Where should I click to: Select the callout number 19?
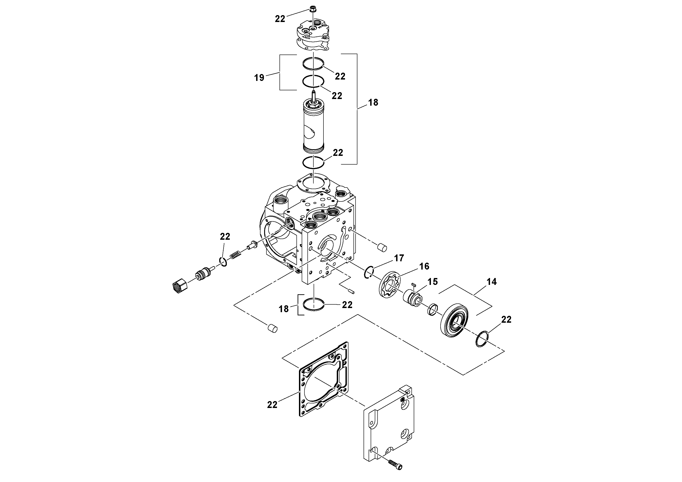pyautogui.click(x=259, y=78)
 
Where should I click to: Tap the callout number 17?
pyautogui.click(x=399, y=258)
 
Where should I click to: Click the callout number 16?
pyautogui.click(x=424, y=266)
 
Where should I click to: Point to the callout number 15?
pyautogui.click(x=433, y=282)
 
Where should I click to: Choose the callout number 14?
pyautogui.click(x=492, y=282)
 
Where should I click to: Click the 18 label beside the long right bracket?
pyautogui.click(x=373, y=102)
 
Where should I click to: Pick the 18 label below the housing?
pyautogui.click(x=283, y=309)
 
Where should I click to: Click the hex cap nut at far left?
pyautogui.click(x=179, y=286)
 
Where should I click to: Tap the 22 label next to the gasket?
pyautogui.click(x=272, y=405)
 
